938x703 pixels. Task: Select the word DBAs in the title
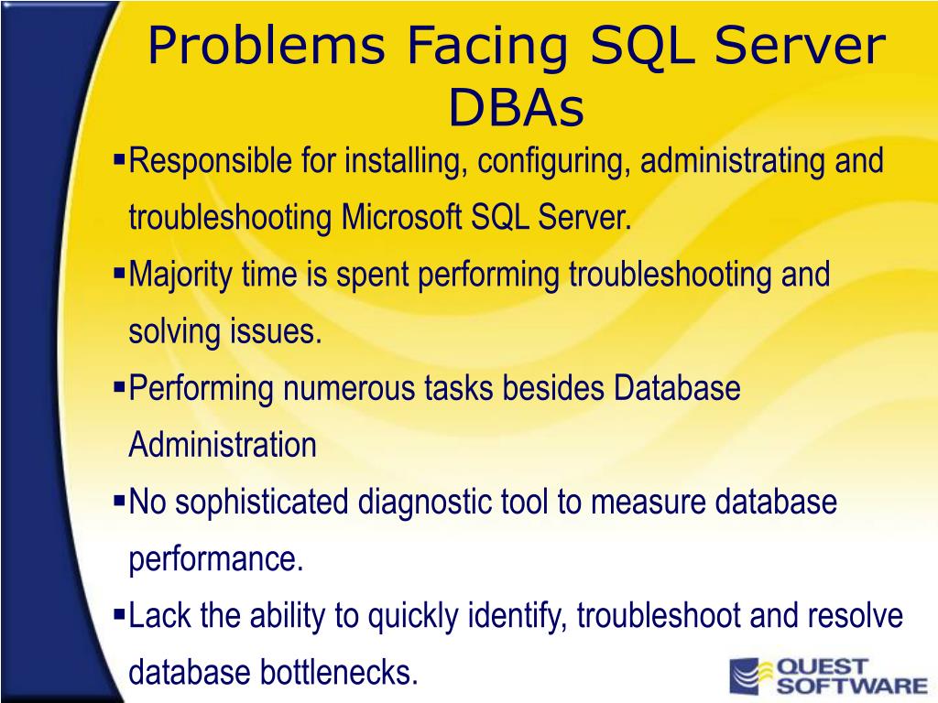click(x=516, y=108)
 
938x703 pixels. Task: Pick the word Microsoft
click(x=404, y=219)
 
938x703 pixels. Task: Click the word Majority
click(x=181, y=276)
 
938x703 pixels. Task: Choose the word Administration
click(x=223, y=446)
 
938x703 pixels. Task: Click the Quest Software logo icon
click(x=748, y=676)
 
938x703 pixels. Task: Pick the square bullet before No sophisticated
click(x=118, y=500)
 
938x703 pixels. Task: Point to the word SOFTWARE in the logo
click(x=852, y=685)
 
